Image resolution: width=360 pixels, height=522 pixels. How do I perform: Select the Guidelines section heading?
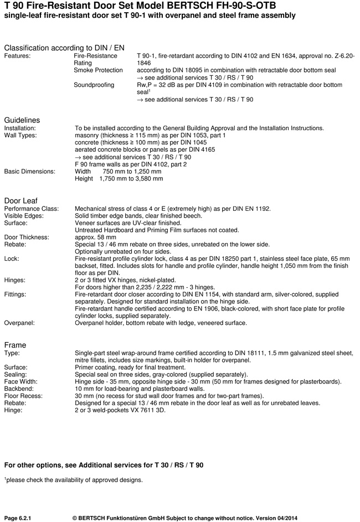(22, 120)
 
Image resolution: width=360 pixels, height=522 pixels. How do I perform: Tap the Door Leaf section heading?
(21, 200)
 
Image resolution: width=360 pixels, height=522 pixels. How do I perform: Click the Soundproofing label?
(94, 85)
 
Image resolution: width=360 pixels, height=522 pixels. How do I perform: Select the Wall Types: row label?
(21, 135)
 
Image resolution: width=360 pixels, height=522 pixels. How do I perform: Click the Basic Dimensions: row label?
(30, 172)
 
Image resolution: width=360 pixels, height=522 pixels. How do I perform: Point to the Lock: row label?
(12, 259)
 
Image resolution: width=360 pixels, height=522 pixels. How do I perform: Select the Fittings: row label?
(17, 294)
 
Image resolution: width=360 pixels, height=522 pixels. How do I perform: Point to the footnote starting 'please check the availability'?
(74, 479)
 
